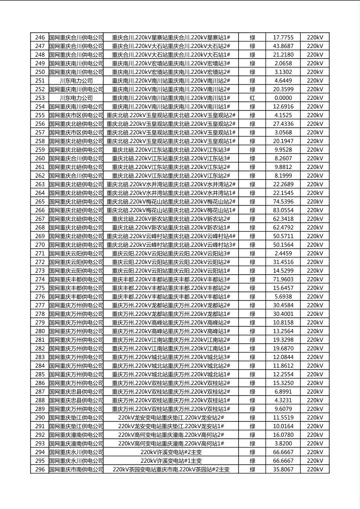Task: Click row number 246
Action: click(40, 37)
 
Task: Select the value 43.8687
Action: click(283, 46)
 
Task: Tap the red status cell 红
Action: click(252, 98)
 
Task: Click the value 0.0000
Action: click(283, 98)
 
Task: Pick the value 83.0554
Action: click(283, 210)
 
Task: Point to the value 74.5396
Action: click(283, 202)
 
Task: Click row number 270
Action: click(40, 245)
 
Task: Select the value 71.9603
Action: click(283, 280)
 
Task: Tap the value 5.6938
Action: click(283, 297)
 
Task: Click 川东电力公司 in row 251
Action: click(76, 81)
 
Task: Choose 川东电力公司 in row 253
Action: click(76, 98)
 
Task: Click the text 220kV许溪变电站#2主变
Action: click(171, 452)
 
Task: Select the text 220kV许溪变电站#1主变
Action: click(171, 461)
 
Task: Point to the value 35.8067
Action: click(283, 469)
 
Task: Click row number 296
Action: click(40, 469)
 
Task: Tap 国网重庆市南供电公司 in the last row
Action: click(76, 469)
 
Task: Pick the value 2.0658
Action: click(283, 63)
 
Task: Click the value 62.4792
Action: click(283, 227)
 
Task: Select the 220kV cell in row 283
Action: click(315, 357)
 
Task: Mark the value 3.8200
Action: click(283, 443)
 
